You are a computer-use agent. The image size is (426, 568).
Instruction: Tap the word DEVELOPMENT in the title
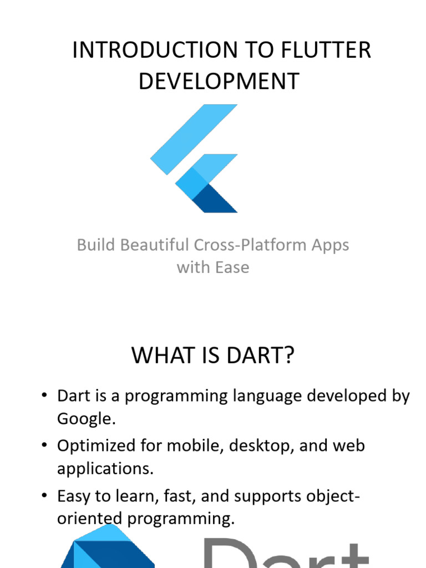(219, 81)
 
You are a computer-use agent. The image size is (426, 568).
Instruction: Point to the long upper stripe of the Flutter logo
(194, 139)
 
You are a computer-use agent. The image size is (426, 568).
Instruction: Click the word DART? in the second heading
(260, 356)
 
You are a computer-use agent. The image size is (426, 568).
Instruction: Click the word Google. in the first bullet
(86, 419)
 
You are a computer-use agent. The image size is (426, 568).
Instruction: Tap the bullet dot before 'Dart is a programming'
(44, 396)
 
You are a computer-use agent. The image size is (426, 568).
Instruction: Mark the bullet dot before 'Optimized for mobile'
(44, 446)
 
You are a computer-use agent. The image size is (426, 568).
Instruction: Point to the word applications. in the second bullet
(105, 469)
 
